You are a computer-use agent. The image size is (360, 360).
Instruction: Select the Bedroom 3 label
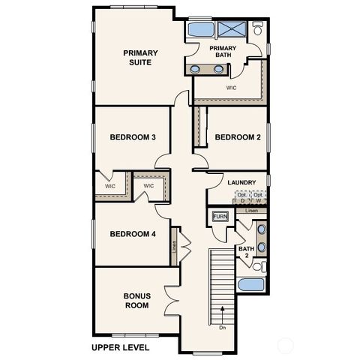(133, 137)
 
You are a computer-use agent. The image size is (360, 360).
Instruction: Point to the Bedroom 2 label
(238, 137)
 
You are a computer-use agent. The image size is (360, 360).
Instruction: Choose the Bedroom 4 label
(133, 234)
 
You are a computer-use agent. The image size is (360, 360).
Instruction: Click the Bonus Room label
(136, 301)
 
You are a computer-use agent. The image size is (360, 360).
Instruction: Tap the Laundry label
(242, 182)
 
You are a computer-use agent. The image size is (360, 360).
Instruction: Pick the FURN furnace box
(220, 217)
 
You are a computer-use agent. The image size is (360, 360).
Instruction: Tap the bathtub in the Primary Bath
(200, 30)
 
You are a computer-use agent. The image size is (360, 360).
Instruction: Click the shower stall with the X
(232, 30)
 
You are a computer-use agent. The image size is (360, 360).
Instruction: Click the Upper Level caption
(121, 348)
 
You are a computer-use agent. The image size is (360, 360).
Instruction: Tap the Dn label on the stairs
(222, 327)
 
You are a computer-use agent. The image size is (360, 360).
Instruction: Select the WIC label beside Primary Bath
(232, 87)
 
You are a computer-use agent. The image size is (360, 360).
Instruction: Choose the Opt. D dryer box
(241, 198)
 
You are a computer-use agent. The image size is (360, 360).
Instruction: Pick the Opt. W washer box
(258, 198)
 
